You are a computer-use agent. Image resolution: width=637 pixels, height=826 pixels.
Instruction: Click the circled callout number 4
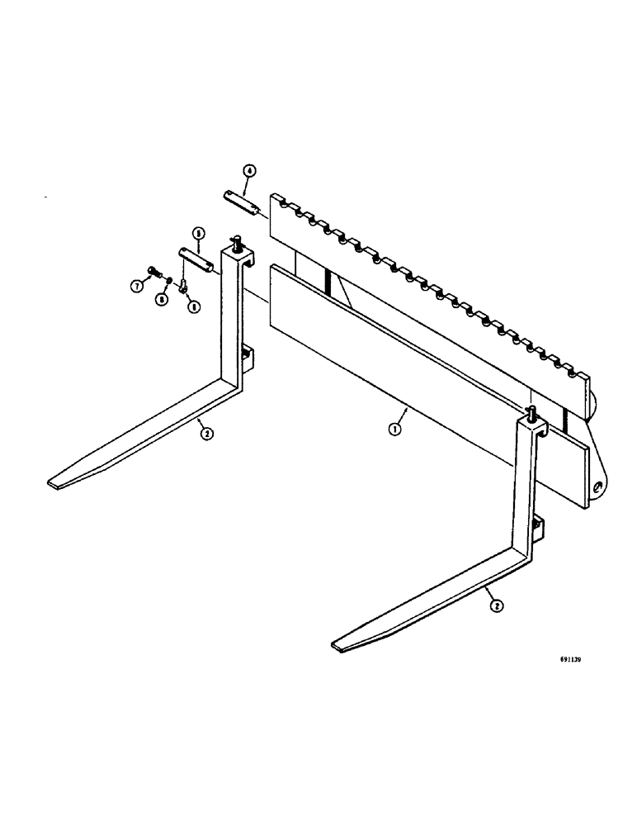pyautogui.click(x=248, y=171)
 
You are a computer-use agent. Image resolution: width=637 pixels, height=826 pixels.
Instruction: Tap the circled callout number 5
pyautogui.click(x=198, y=232)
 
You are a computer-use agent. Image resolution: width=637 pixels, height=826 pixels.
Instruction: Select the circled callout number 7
pyautogui.click(x=138, y=285)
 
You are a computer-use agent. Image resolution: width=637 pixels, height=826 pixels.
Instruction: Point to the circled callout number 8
pyautogui.click(x=163, y=299)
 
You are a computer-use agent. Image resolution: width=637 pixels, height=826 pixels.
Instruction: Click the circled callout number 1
pyautogui.click(x=395, y=430)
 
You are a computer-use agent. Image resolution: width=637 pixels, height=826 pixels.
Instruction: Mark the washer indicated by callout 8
pyautogui.click(x=169, y=281)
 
